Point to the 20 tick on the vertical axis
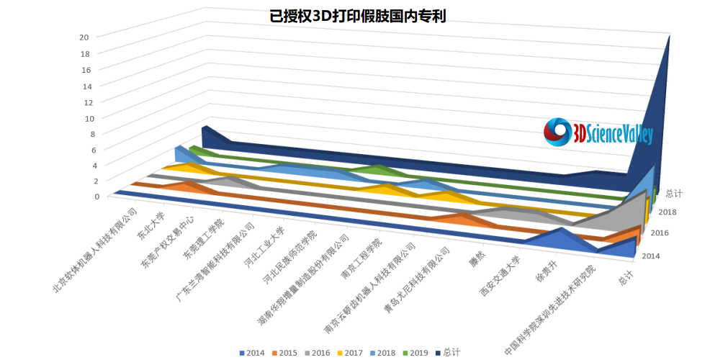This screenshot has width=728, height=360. (x=84, y=37)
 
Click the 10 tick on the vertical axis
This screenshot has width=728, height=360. (x=84, y=118)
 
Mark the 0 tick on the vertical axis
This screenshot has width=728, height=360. (x=87, y=196)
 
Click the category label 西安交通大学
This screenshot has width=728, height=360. (x=500, y=276)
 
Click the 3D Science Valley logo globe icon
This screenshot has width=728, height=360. (x=557, y=132)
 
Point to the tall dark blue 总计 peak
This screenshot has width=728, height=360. (x=659, y=108)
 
